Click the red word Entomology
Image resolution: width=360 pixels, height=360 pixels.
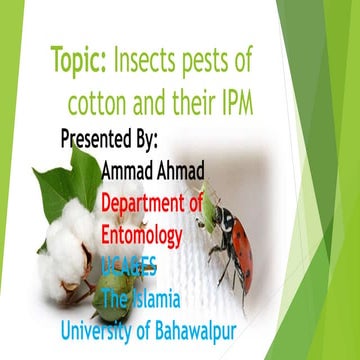(x=141, y=236)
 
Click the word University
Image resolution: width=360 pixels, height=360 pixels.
(x=105, y=326)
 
